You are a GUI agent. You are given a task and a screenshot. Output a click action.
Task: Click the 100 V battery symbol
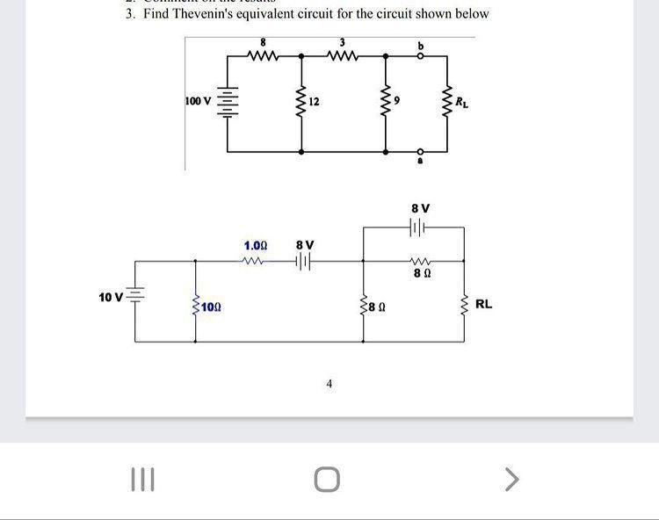click(x=228, y=103)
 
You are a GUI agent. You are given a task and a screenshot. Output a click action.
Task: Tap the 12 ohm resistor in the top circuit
click(x=301, y=103)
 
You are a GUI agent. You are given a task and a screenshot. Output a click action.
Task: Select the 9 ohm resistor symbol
click(x=385, y=103)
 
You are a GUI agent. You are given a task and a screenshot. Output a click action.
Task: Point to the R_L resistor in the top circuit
click(x=446, y=103)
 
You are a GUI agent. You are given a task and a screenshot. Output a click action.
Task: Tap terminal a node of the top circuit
click(x=421, y=151)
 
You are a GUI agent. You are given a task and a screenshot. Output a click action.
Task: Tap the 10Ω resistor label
click(x=210, y=307)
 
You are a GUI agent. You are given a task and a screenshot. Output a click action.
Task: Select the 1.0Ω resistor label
click(x=256, y=245)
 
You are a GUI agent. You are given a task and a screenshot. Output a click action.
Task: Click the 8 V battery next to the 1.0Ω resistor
click(x=304, y=261)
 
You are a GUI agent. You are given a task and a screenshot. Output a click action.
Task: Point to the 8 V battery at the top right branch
click(x=418, y=227)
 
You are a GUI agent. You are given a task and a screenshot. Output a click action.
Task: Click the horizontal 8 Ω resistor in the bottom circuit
click(x=420, y=261)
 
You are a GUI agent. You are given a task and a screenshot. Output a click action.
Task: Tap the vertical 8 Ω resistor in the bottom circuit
click(x=364, y=306)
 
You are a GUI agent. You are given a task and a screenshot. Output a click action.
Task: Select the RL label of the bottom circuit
click(x=483, y=304)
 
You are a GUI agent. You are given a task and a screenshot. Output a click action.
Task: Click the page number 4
click(x=329, y=384)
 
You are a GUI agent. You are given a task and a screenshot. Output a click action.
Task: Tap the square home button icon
click(x=326, y=480)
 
